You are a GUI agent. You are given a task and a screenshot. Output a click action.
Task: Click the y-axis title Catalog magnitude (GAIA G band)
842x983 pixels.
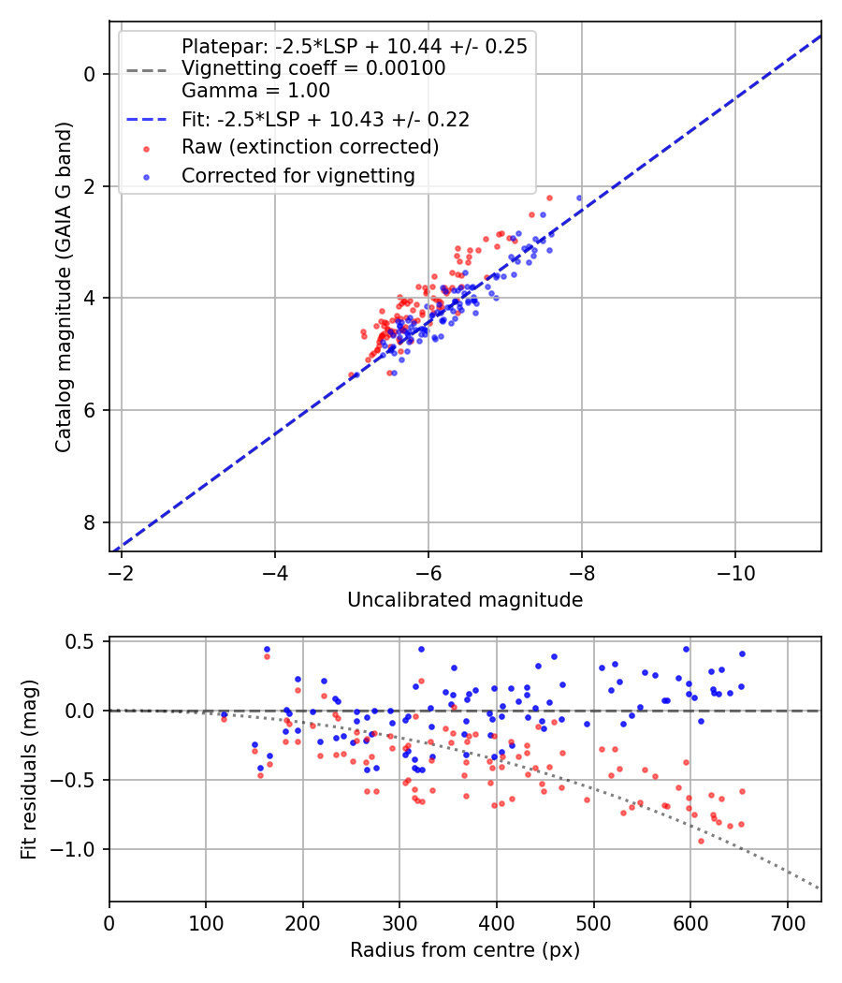[64, 287]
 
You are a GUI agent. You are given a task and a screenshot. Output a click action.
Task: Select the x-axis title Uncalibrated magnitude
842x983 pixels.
[465, 600]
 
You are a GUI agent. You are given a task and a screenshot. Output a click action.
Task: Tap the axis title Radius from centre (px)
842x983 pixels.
[465, 950]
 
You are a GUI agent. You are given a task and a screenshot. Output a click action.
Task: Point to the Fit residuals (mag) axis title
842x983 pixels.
[29, 770]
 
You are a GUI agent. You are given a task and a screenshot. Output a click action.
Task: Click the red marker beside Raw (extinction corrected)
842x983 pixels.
[147, 149]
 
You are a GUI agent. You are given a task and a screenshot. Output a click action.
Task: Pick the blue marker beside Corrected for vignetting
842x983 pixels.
[147, 178]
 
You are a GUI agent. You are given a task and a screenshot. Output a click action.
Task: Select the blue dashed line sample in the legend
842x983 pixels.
[147, 119]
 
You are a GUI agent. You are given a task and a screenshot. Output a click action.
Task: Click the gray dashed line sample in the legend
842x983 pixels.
[147, 70]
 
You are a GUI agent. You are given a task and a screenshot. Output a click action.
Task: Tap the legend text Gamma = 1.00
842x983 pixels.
[255, 91]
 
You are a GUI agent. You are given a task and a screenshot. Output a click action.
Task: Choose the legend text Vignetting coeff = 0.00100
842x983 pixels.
[313, 68]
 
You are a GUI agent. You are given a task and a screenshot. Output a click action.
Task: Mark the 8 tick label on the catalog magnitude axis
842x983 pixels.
[90, 522]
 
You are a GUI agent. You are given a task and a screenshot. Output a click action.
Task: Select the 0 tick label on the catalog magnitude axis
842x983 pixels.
[90, 74]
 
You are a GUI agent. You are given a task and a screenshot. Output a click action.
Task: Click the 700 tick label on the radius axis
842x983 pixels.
[787, 923]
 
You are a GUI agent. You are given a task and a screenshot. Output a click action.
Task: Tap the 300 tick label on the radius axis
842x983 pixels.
[399, 923]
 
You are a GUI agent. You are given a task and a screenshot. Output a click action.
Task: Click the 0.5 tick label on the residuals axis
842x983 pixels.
[80, 642]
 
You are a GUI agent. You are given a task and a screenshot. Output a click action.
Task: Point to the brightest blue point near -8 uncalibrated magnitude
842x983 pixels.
[579, 198]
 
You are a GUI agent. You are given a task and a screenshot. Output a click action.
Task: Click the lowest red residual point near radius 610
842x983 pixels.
[701, 842]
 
